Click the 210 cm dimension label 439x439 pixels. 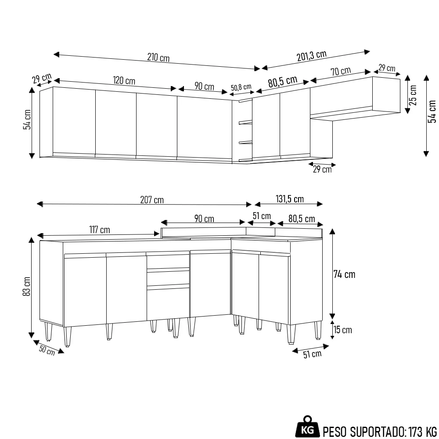click(x=158, y=58)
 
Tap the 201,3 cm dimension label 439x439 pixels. click(x=312, y=56)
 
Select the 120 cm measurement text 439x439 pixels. click(x=124, y=81)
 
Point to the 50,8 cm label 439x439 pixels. click(x=241, y=87)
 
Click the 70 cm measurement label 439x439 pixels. click(x=341, y=71)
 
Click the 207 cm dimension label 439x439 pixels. click(x=152, y=200)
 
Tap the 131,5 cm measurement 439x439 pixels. click(x=290, y=199)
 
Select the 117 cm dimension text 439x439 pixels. click(x=99, y=230)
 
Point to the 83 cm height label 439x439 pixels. click(x=27, y=286)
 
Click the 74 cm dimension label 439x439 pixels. click(x=345, y=274)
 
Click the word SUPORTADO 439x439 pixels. click(x=373, y=430)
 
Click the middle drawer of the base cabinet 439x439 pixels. click(x=168, y=278)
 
